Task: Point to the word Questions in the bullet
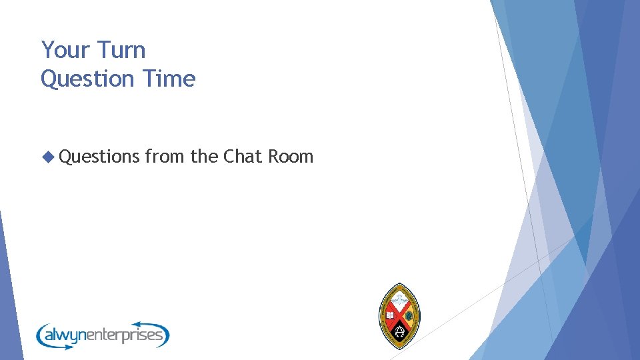click(100, 157)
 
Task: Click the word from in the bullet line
click(165, 157)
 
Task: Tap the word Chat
click(243, 157)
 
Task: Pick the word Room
click(291, 157)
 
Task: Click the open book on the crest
click(390, 315)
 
